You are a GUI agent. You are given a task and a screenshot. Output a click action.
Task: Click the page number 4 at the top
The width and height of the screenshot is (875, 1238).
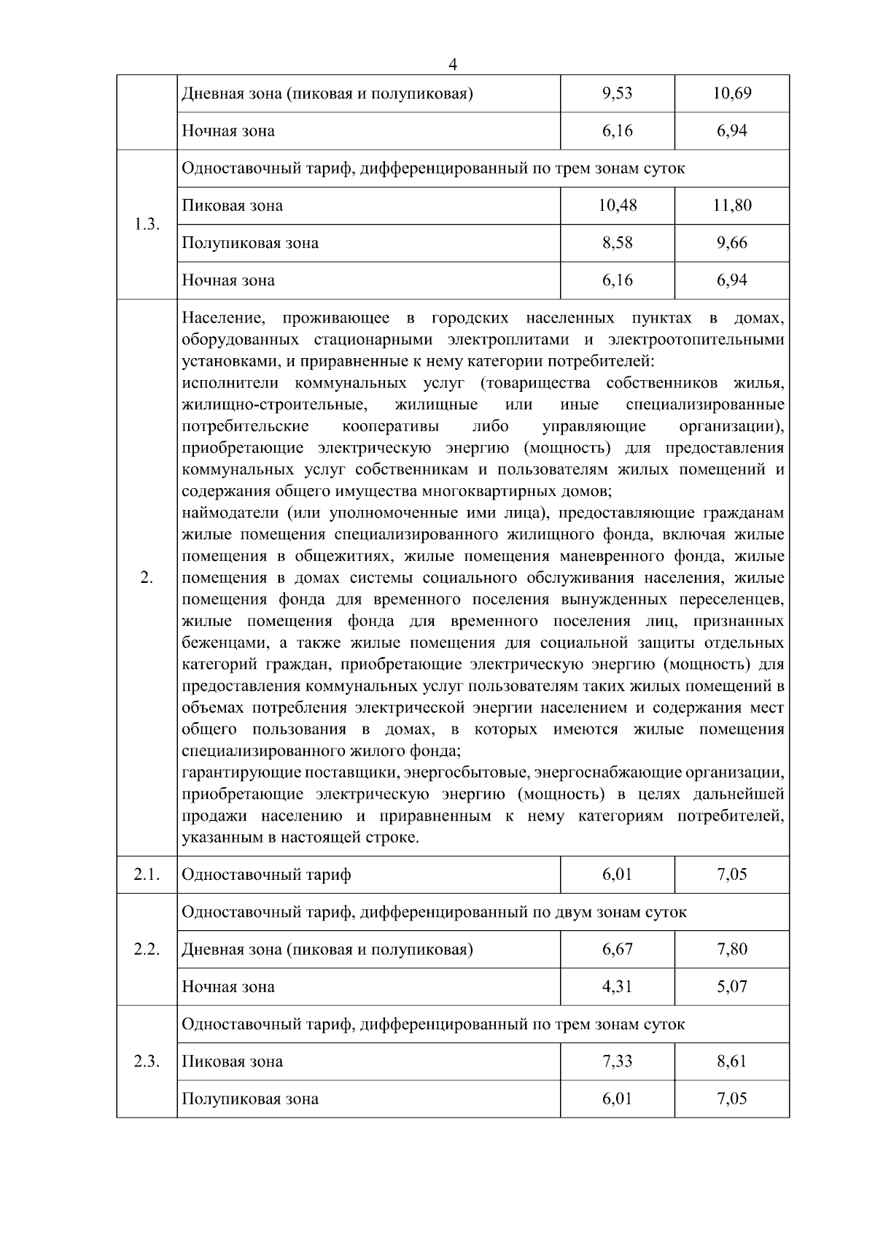(x=452, y=64)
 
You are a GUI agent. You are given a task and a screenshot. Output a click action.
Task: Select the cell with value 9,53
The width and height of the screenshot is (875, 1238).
(x=618, y=93)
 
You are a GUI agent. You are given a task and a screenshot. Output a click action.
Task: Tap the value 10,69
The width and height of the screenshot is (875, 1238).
(x=732, y=93)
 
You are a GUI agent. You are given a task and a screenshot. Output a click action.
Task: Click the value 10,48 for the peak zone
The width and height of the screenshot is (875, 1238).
(x=618, y=205)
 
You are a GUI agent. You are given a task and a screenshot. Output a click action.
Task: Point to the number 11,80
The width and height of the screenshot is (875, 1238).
(x=732, y=205)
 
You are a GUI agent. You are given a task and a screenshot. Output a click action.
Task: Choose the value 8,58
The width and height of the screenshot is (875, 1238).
(x=618, y=242)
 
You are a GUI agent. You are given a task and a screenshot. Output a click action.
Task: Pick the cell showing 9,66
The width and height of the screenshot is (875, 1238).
(x=732, y=242)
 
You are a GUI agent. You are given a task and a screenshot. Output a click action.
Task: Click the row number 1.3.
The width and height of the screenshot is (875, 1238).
(x=147, y=225)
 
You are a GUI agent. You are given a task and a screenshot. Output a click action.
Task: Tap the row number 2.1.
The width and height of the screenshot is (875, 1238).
(x=147, y=874)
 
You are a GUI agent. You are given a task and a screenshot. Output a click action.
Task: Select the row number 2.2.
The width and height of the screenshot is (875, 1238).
(x=147, y=949)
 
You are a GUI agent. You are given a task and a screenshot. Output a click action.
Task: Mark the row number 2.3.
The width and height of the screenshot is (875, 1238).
(x=147, y=1061)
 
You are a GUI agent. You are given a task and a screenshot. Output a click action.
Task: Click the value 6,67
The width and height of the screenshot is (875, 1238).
(x=618, y=949)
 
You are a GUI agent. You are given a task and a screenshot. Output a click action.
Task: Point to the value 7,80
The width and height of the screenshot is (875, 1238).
(x=732, y=949)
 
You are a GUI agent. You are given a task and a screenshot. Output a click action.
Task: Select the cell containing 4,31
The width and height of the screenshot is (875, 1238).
(x=618, y=986)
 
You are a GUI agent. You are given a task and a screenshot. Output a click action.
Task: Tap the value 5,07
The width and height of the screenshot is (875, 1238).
(x=732, y=986)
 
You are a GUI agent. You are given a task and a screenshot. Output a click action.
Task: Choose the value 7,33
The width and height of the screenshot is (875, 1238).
(x=618, y=1061)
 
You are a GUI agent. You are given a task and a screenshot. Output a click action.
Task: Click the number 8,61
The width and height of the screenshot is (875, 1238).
(x=732, y=1061)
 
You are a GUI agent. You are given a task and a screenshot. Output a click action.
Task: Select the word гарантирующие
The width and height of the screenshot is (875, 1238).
(x=235, y=773)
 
